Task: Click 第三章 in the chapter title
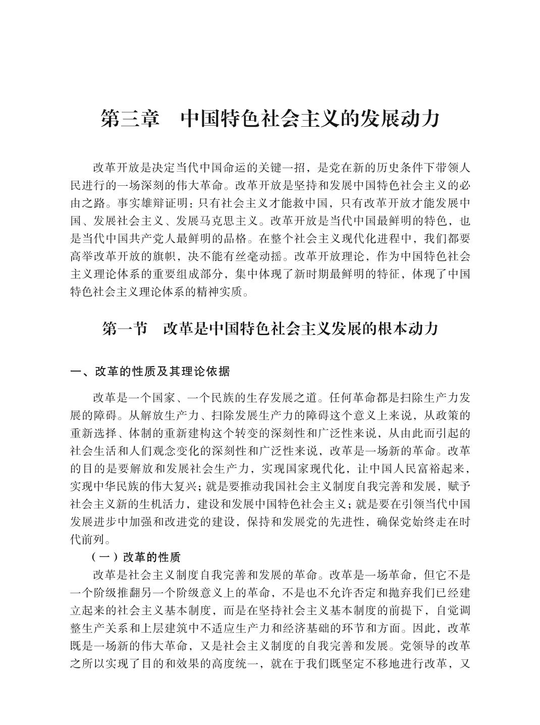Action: pyautogui.click(x=130, y=119)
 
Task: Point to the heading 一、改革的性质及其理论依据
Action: pyautogui.click(x=150, y=372)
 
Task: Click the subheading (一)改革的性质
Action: pyautogui.click(x=136, y=557)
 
